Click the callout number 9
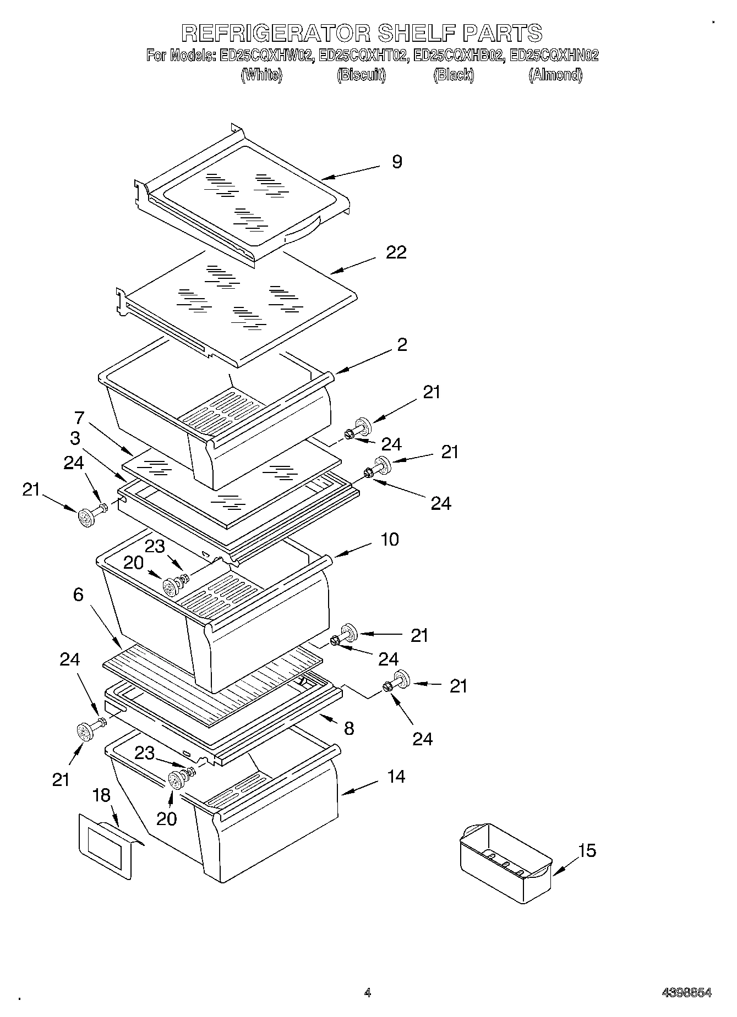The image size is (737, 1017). click(x=396, y=162)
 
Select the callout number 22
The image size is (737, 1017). click(x=396, y=252)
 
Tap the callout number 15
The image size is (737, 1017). click(x=587, y=851)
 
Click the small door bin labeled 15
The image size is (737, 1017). click(x=505, y=862)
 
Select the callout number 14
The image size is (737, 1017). click(x=396, y=777)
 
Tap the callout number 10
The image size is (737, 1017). click(x=389, y=540)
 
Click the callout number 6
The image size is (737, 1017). click(x=78, y=595)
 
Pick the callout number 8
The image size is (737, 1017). click(x=348, y=729)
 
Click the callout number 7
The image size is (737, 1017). click(x=79, y=418)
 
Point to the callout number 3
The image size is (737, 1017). click(x=75, y=438)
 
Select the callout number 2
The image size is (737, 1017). click(x=402, y=345)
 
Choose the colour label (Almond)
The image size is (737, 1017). click(x=555, y=75)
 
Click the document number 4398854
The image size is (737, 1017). click(x=686, y=993)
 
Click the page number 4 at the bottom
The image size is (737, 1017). click(x=367, y=993)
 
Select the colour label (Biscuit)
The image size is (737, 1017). click(x=361, y=75)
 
